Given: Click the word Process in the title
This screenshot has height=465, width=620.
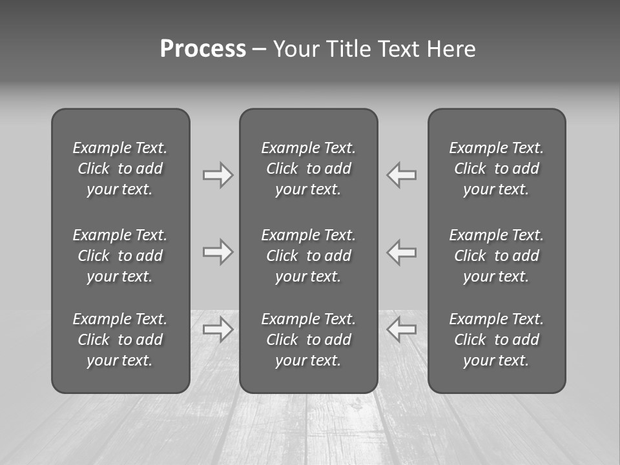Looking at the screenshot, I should tap(203, 49).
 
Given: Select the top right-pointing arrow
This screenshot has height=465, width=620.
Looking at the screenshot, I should tap(218, 174).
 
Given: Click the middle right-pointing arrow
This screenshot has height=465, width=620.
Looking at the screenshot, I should tap(218, 252).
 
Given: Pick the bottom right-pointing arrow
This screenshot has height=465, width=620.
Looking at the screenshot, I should tap(218, 329).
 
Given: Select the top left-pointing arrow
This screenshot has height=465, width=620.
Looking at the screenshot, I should tap(402, 174).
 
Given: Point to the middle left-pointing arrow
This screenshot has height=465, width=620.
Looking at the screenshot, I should tap(402, 252).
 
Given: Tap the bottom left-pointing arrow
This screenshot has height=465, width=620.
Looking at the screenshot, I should tap(402, 329).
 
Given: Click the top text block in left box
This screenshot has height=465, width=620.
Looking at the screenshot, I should tap(120, 169).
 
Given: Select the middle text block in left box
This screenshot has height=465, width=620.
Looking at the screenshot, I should tap(120, 256).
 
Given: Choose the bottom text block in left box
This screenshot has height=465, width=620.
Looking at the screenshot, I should tap(120, 340).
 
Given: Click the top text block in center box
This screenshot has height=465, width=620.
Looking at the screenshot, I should tap(308, 169).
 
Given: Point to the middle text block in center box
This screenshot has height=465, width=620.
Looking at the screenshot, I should tap(308, 256).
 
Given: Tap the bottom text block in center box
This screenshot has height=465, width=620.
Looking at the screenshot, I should tap(308, 340).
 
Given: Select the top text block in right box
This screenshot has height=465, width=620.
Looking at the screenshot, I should tap(496, 169).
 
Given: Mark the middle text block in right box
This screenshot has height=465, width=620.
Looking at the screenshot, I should tap(496, 256).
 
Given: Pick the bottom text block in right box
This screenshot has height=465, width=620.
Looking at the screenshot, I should tap(496, 340).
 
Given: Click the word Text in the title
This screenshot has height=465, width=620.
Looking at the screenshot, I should tap(398, 49).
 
